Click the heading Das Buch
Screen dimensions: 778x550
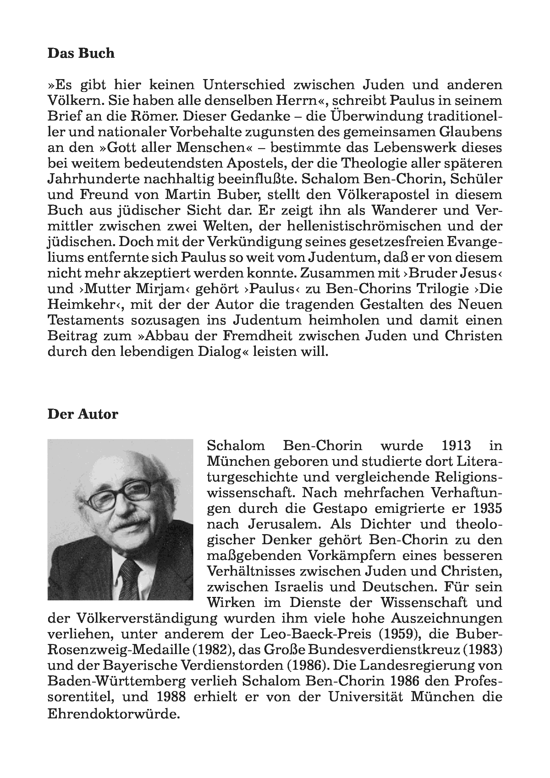[x=81, y=54]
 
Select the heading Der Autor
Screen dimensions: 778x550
[x=83, y=414]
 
